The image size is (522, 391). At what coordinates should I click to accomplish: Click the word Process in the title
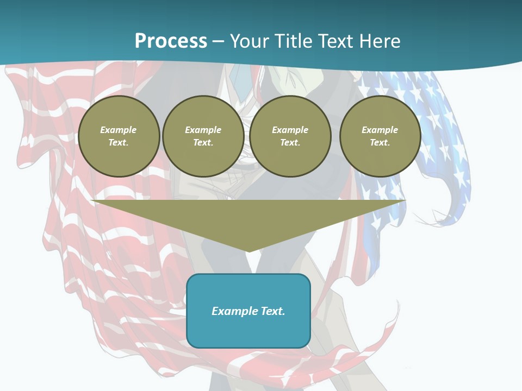171,41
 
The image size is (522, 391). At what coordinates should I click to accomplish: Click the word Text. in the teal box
273,311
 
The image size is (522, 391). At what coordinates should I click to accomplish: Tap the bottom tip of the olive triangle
248,250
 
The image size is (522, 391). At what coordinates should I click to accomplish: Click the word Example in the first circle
119,130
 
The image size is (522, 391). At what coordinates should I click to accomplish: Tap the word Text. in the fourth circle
380,143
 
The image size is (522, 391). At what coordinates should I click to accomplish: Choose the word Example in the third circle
290,130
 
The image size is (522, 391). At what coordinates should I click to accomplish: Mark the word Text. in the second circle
203,143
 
